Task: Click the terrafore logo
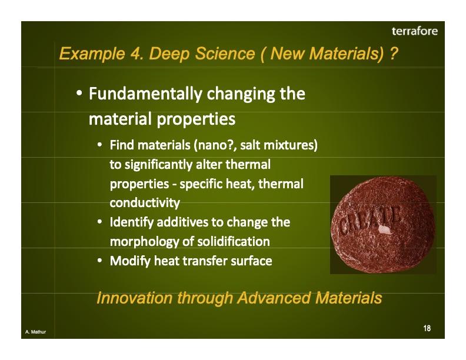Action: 415,31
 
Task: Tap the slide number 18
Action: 427,328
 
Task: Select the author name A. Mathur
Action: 36,333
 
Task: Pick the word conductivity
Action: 144,203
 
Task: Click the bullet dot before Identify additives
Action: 101,222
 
